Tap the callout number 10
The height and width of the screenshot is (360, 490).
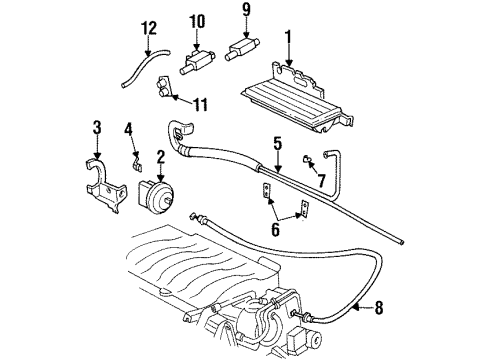196,20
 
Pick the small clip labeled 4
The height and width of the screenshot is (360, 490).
136,156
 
